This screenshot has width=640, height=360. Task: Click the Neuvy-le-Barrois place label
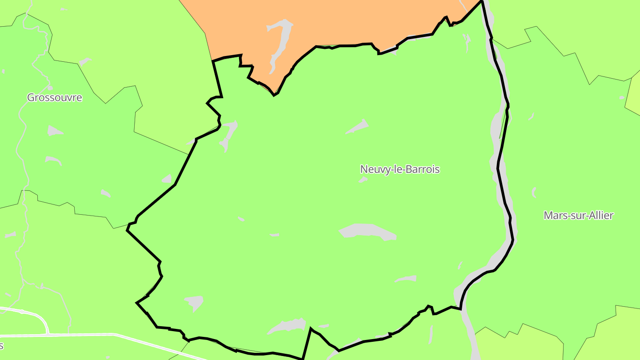pyautogui.click(x=400, y=169)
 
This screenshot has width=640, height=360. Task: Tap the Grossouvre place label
pyautogui.click(x=55, y=97)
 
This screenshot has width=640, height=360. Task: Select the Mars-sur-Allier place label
pyautogui.click(x=578, y=216)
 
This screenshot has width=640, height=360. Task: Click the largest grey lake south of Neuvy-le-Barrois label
pyautogui.click(x=367, y=232)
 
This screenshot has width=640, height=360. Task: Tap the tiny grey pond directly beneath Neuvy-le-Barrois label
pyautogui.click(x=363, y=180)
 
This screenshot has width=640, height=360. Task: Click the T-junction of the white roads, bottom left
pyautogui.click(x=48, y=333)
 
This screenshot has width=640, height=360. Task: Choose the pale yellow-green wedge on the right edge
pyautogui.click(x=633, y=96)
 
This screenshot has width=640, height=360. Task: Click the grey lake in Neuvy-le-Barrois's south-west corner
pyautogui.click(x=195, y=302)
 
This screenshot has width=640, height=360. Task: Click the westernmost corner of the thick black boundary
pyautogui.click(x=127, y=230)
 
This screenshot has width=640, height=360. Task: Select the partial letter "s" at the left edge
pyautogui.click(x=2, y=346)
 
